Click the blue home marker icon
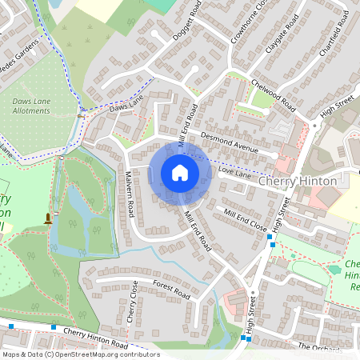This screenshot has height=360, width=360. [x=180, y=173]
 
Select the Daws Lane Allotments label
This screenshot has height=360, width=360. [x=31, y=106]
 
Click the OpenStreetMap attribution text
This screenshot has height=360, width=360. [x=79, y=354]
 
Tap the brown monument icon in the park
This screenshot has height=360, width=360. [x=48, y=218]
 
